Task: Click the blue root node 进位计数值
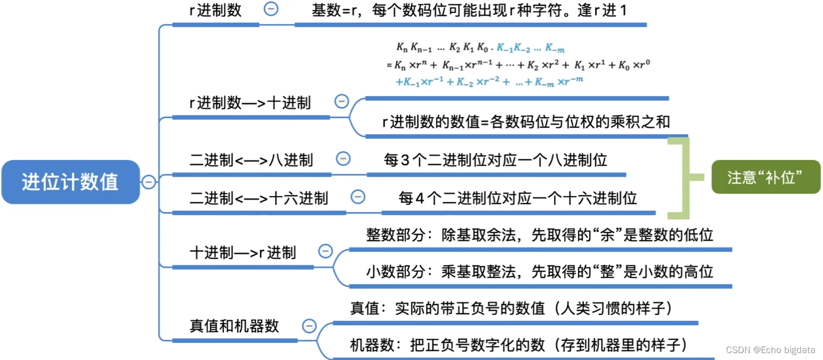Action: point(70,182)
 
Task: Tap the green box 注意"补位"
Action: point(765,177)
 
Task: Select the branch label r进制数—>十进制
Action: point(250,103)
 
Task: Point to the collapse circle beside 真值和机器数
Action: point(308,325)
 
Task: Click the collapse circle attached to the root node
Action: point(149,182)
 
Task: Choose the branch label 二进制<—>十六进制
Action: point(259,199)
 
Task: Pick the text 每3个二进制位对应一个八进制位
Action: point(495,159)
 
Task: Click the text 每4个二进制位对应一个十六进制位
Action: point(518,199)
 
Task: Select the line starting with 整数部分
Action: point(539,235)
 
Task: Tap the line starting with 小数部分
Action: point(539,272)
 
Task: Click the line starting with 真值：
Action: point(511,308)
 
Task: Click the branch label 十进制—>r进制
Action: point(243,252)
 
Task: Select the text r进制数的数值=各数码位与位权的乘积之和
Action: point(526,122)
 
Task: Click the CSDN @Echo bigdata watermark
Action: point(770,349)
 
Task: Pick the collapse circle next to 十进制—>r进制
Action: point(325,251)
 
